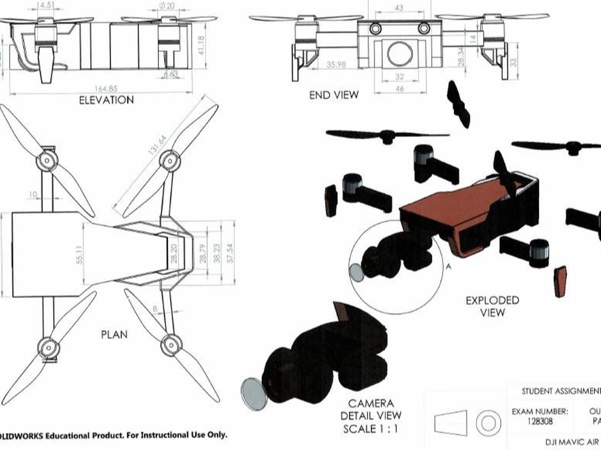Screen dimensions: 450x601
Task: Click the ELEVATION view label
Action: (x=107, y=100)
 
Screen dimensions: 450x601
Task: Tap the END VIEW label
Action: (x=334, y=94)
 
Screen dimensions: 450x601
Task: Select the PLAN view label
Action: (x=114, y=334)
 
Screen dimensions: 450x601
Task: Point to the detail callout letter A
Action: (x=449, y=267)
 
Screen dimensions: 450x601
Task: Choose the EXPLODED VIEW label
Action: (x=492, y=306)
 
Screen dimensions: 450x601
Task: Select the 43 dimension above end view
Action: (x=399, y=8)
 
